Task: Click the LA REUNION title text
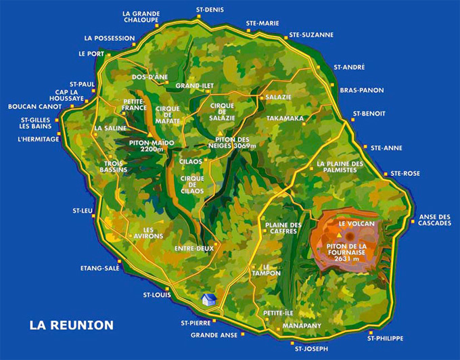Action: pos(71,325)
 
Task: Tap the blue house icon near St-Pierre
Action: pos(209,299)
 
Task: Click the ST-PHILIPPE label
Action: pos(385,338)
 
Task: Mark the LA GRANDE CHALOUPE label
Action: pos(141,17)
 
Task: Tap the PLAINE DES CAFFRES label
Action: pos(282,228)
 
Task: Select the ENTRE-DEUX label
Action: pos(194,248)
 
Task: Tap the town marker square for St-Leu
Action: pos(93,218)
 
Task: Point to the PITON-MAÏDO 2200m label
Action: pos(151,146)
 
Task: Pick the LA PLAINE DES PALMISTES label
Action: pos(340,166)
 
